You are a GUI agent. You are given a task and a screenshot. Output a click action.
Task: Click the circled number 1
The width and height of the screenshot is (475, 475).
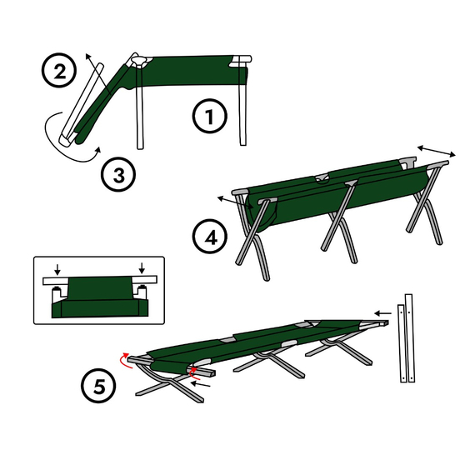[x=210, y=116]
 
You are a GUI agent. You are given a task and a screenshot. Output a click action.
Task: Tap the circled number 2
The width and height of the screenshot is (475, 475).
[x=59, y=71]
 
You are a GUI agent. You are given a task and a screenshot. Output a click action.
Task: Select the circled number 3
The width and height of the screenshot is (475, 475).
[x=118, y=174]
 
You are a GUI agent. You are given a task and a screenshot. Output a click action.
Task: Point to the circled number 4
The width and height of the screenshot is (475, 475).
[x=210, y=237]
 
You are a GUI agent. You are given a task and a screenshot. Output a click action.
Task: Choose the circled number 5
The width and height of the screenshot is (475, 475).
[x=98, y=386]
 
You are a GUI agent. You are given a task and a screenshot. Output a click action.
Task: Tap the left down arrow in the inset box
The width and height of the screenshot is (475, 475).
[x=57, y=268]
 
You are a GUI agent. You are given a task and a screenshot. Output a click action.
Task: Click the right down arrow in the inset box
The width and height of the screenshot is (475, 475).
[x=142, y=268]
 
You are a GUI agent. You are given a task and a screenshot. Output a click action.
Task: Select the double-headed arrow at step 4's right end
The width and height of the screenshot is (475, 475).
[x=436, y=151]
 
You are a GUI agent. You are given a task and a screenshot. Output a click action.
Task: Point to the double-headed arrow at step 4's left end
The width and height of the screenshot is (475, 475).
[x=236, y=202]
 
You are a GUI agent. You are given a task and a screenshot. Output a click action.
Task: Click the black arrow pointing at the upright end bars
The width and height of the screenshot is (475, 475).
[x=382, y=313]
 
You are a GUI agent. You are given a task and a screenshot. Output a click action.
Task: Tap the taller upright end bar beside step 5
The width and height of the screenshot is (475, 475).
[x=409, y=338]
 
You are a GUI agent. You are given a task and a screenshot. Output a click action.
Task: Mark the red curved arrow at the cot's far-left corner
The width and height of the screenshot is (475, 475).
[x=125, y=360]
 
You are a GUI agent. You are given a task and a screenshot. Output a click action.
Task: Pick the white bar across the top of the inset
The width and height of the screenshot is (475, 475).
[x=100, y=280]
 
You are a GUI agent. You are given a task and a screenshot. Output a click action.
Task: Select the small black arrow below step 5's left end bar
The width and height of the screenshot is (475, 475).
[x=200, y=384]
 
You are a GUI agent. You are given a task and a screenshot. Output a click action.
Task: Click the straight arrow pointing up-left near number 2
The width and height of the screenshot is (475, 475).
[x=97, y=72]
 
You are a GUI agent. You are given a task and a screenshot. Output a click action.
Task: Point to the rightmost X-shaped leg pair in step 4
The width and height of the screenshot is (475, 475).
[x=425, y=203]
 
